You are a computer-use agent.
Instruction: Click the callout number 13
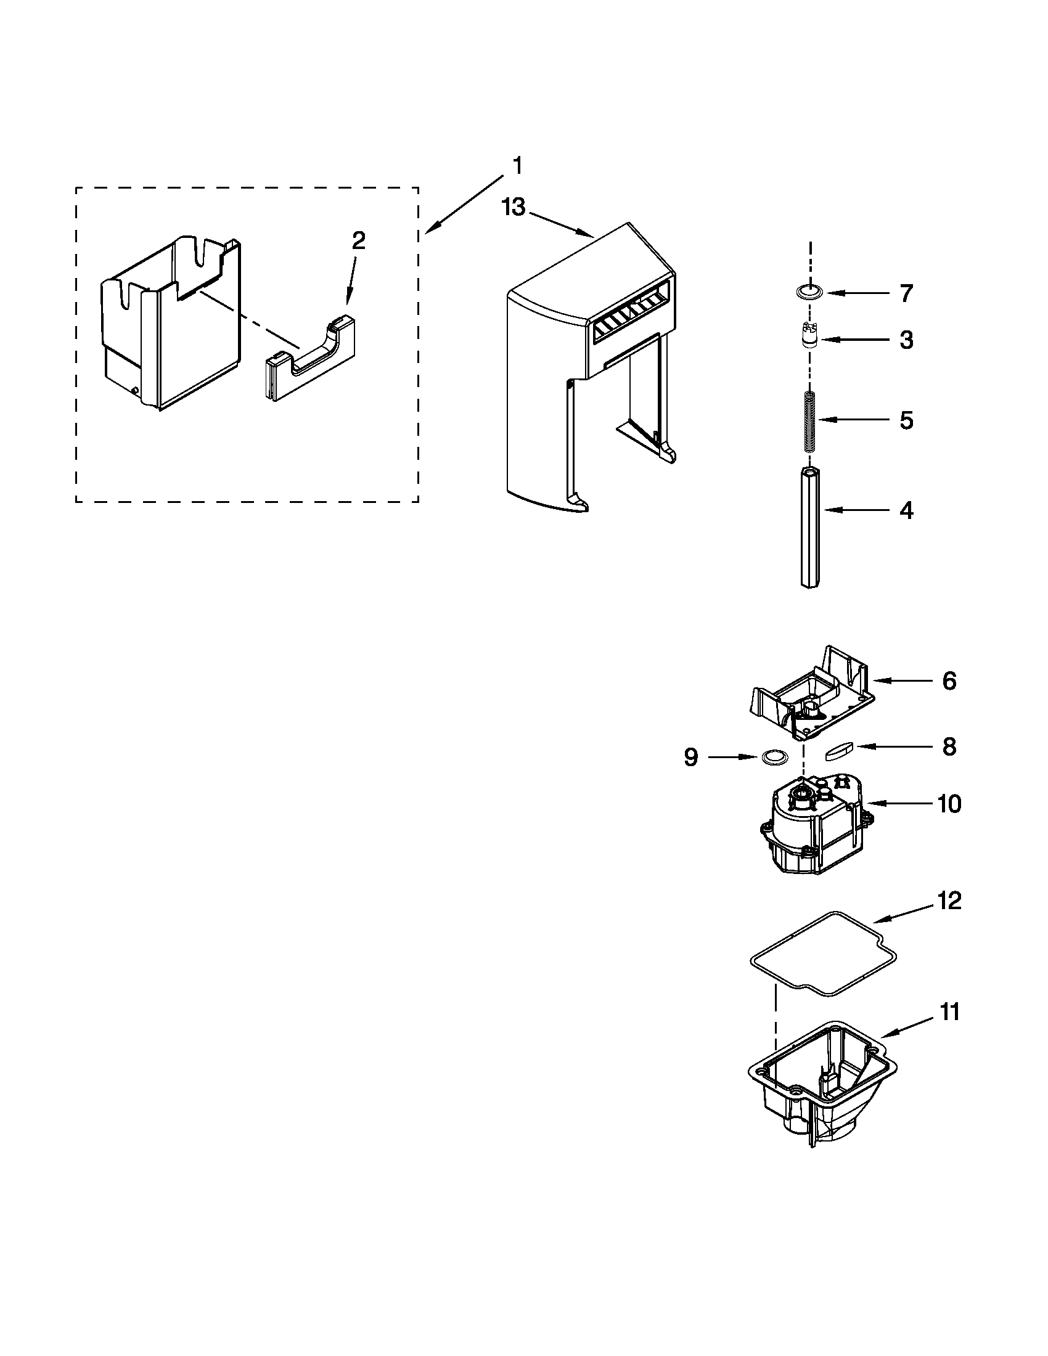coord(514,207)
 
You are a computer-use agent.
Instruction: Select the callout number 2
coord(358,240)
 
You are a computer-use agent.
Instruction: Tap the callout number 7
coord(906,293)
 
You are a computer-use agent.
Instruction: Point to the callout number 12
coord(949,901)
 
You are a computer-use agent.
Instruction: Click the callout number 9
coord(690,757)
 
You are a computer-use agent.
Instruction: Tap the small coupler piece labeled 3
coord(809,338)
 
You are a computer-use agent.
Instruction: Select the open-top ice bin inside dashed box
coord(171,323)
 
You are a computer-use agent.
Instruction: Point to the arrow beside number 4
coord(854,510)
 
